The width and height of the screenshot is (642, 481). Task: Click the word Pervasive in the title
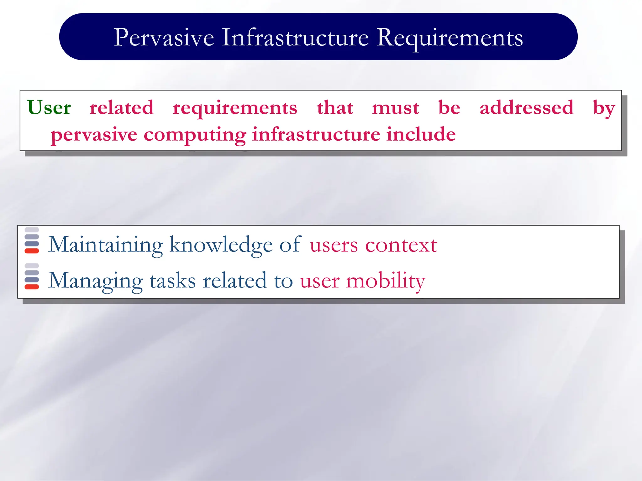(164, 38)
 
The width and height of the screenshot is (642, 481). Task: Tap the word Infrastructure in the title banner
(295, 37)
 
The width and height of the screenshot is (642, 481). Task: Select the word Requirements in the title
(450, 38)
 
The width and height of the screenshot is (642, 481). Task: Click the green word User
(49, 107)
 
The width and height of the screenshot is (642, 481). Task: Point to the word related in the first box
(122, 107)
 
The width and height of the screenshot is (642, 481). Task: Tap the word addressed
(526, 107)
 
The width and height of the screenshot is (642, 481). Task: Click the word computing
(195, 135)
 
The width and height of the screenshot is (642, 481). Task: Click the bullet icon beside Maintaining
(32, 240)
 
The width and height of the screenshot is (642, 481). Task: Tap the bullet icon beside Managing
(32, 277)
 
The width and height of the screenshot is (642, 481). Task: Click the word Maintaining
(105, 245)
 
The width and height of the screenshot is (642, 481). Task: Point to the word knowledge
(221, 245)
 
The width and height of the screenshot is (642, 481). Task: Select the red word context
(401, 245)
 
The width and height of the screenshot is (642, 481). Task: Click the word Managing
(95, 281)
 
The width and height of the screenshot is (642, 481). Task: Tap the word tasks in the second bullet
(172, 281)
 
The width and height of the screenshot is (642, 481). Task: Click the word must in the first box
(395, 107)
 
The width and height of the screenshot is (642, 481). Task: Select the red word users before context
(334, 245)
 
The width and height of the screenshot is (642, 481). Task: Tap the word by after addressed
(604, 108)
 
